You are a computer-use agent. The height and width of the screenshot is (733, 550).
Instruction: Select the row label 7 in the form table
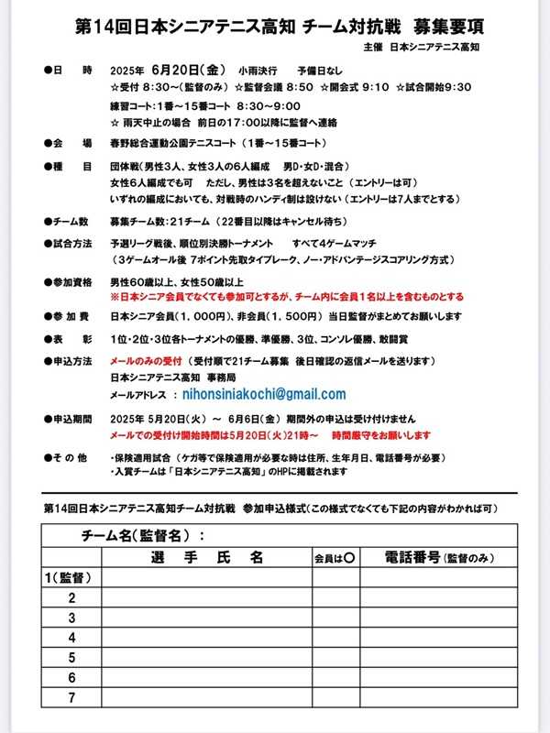point(71,697)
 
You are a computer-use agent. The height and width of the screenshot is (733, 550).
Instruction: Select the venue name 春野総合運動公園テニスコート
point(173,144)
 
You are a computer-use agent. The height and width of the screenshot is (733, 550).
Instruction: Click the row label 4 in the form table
point(71,638)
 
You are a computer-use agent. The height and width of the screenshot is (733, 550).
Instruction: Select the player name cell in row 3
point(204,618)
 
